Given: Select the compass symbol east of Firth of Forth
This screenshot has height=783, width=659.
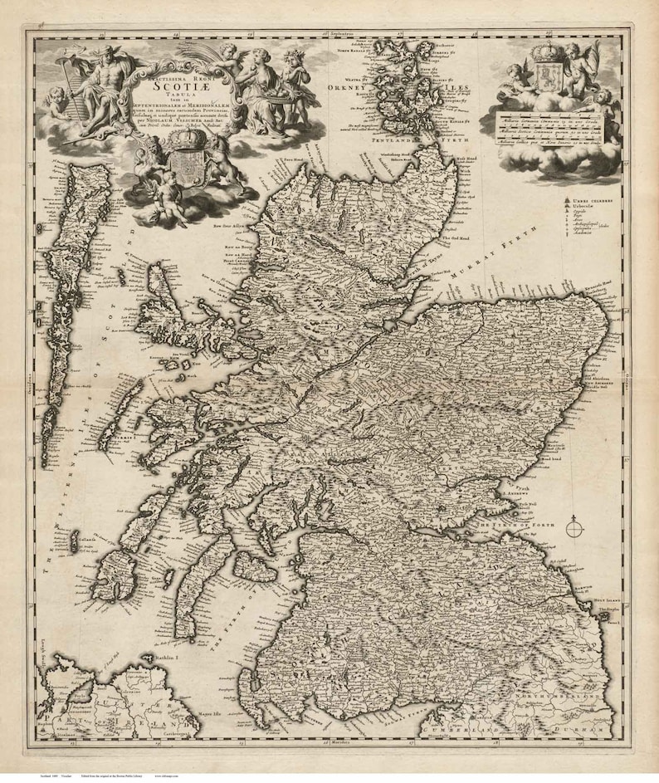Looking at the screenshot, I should coord(574,526).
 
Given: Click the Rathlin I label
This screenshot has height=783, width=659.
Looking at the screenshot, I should coord(161,657).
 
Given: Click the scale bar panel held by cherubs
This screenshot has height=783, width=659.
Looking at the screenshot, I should coord(549,128).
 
